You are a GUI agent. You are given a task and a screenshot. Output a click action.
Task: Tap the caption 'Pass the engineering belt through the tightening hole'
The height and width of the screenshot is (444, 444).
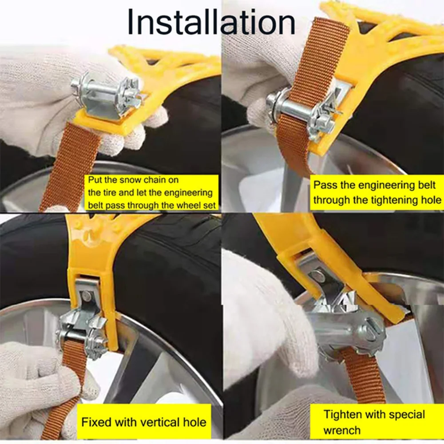377,193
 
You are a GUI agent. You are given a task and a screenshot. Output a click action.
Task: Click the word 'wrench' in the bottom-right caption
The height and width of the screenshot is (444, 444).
342,430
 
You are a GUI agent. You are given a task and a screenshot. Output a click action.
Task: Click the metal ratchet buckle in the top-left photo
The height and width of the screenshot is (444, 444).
107,97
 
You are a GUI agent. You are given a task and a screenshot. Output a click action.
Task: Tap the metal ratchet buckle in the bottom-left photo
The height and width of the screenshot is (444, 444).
83,326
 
